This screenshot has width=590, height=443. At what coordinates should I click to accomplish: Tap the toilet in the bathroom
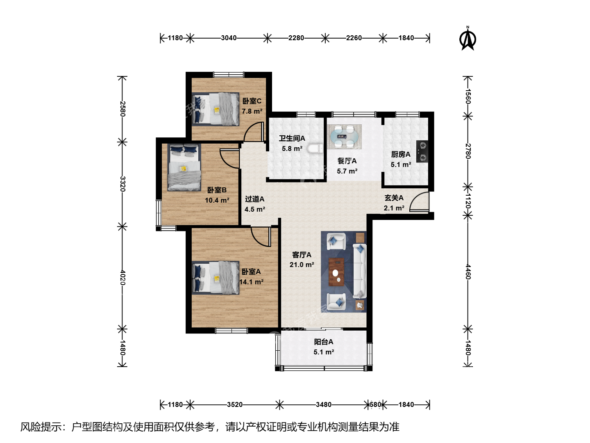315,148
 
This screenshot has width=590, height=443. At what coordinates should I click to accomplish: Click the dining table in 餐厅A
344,137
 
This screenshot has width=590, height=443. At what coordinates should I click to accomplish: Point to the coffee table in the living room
336,272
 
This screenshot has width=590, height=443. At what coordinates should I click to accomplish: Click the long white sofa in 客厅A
359,271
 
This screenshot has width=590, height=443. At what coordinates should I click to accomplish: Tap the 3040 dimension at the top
229,38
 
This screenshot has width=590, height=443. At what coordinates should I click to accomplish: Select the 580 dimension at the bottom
375,404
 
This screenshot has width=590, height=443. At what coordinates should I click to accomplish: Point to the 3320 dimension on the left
123,184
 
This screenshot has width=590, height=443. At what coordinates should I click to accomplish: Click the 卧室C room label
252,101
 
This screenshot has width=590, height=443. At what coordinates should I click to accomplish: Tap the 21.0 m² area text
302,265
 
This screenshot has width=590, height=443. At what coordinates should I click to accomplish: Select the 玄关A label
394,198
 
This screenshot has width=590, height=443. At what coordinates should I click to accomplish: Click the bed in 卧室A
215,278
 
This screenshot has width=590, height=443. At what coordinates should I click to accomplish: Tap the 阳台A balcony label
324,342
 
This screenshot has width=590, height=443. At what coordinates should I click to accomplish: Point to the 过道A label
254,199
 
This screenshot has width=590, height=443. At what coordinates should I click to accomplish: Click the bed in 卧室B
184,168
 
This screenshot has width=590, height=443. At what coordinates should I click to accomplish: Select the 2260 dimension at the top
354,38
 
